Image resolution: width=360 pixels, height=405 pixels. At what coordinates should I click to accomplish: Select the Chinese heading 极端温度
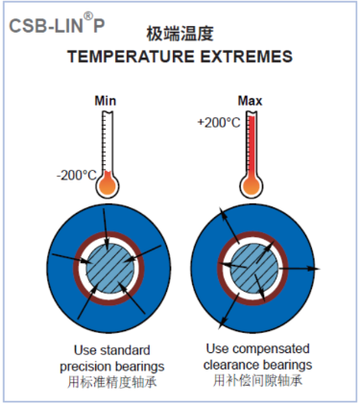pos(180,34)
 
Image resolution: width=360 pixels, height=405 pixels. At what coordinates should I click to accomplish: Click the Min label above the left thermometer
pos(105,100)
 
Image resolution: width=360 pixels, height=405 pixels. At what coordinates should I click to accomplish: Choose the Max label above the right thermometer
pos(252,100)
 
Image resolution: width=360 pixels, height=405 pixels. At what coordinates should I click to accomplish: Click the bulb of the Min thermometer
pos(107,183)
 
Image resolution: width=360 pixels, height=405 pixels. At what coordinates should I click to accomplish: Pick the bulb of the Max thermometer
pos(252,183)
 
